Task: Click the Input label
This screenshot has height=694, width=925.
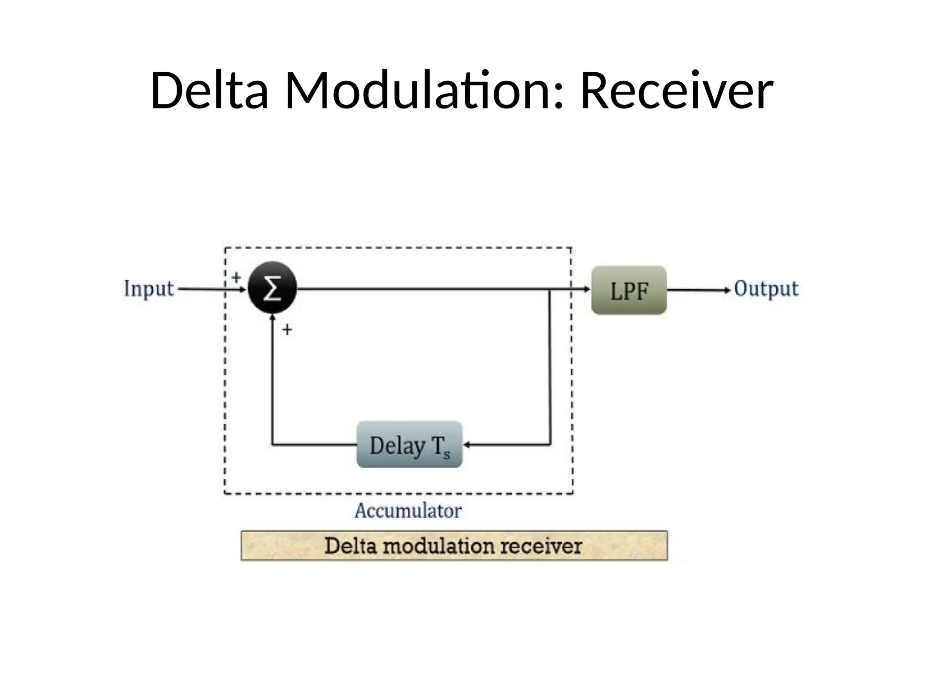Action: (x=149, y=288)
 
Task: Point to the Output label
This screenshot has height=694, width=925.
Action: (x=766, y=289)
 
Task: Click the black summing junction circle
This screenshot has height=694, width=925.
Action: (x=272, y=288)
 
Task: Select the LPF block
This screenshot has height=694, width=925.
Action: (x=629, y=290)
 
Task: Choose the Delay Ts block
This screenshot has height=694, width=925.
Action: (x=410, y=445)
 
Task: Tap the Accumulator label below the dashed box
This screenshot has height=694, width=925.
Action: (x=408, y=511)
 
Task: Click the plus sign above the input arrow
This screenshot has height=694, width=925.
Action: (x=236, y=277)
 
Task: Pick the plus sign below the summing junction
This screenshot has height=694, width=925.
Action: (x=287, y=330)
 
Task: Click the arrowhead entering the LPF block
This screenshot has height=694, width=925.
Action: (x=587, y=289)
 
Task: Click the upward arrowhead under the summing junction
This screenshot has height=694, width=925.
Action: (x=272, y=318)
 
